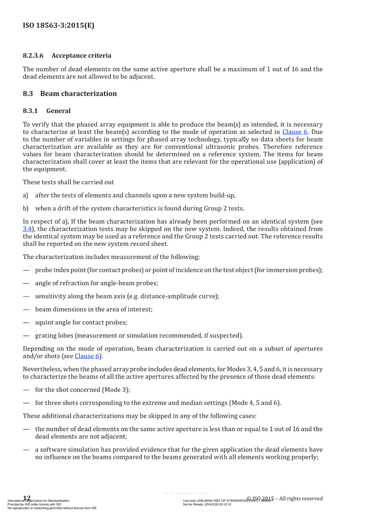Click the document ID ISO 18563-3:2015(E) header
[59, 26]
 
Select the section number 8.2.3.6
[33, 56]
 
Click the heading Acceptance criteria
[81, 56]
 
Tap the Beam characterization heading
[78, 94]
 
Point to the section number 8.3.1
[31, 111]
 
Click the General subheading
[59, 111]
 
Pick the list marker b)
[26, 209]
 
